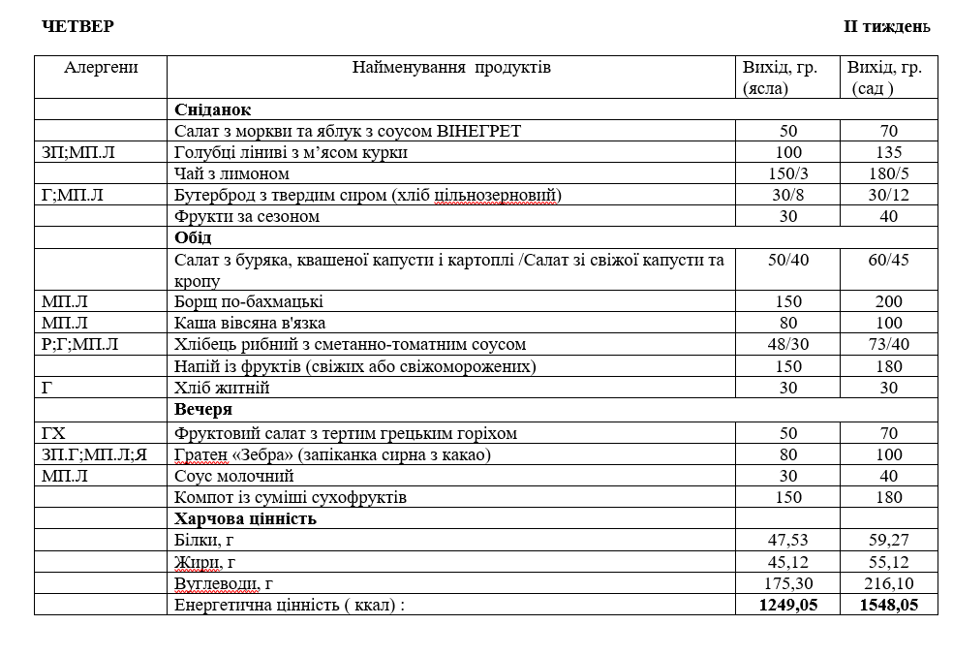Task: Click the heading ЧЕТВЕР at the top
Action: point(77,26)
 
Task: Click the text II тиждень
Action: point(886,26)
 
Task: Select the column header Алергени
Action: point(101,68)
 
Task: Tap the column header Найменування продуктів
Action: point(450,68)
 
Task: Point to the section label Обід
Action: point(193,237)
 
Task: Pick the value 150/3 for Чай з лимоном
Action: point(787,173)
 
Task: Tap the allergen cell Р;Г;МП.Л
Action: point(80,344)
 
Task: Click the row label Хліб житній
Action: point(222,388)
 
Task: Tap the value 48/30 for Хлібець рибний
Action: point(787,344)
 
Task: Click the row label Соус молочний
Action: point(233,476)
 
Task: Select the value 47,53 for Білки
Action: point(787,540)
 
